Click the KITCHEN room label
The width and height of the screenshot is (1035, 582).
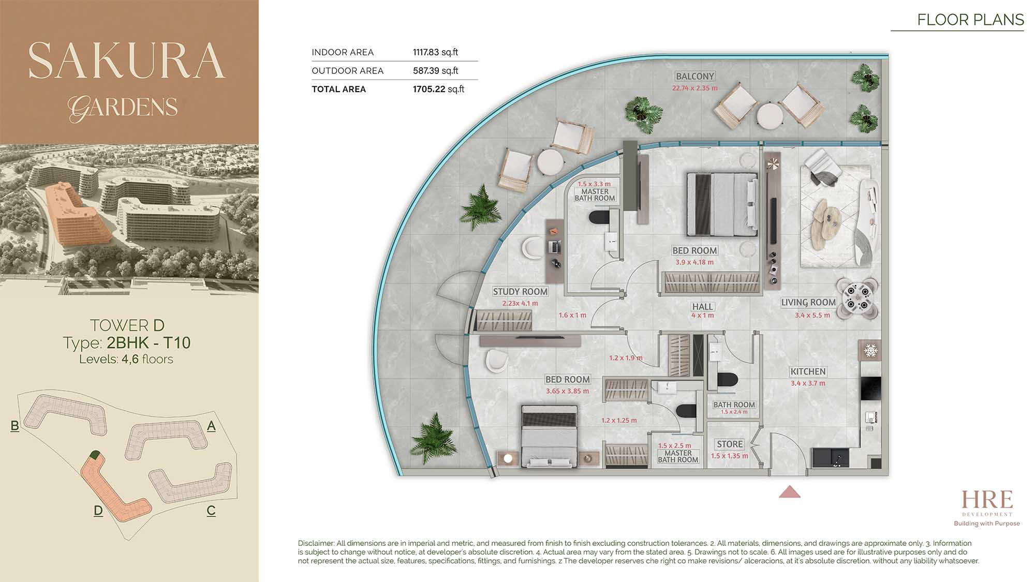808,371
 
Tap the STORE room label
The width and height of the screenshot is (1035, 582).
730,444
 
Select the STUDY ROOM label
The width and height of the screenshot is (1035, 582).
520,292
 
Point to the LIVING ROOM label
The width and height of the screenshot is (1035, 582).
808,303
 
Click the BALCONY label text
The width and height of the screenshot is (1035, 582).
695,77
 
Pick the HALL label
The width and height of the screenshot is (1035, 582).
702,307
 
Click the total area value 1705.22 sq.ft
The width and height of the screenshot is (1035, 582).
438,89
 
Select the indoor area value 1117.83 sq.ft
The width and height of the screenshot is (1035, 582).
435,52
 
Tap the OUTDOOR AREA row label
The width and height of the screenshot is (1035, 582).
348,71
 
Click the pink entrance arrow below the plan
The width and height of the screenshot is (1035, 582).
790,492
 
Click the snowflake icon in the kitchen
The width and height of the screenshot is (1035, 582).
871,351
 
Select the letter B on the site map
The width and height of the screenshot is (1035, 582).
14,426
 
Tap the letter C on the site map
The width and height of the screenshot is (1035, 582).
211,511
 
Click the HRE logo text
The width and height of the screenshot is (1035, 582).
987,500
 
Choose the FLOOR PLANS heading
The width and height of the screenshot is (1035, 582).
970,20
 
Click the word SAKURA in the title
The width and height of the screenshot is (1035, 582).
127,61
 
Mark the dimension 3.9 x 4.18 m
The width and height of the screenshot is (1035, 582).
694,262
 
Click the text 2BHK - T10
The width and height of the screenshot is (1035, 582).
149,342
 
